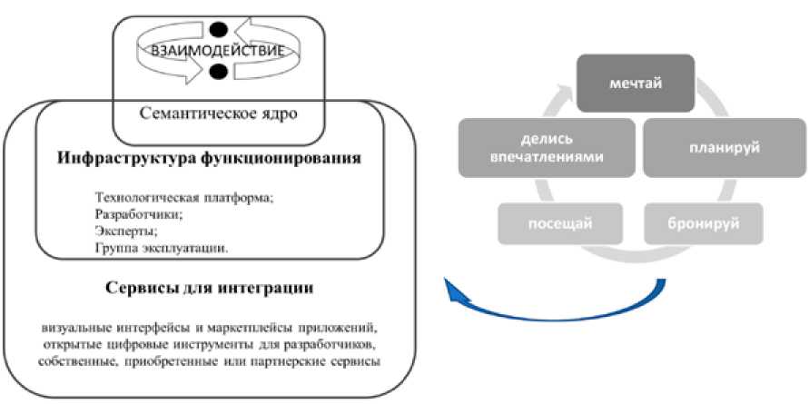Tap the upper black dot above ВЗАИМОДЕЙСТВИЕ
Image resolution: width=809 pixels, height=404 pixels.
click(x=217, y=30)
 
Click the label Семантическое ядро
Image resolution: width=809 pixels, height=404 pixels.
click(x=219, y=114)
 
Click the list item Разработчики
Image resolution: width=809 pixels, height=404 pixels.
click(x=138, y=214)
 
